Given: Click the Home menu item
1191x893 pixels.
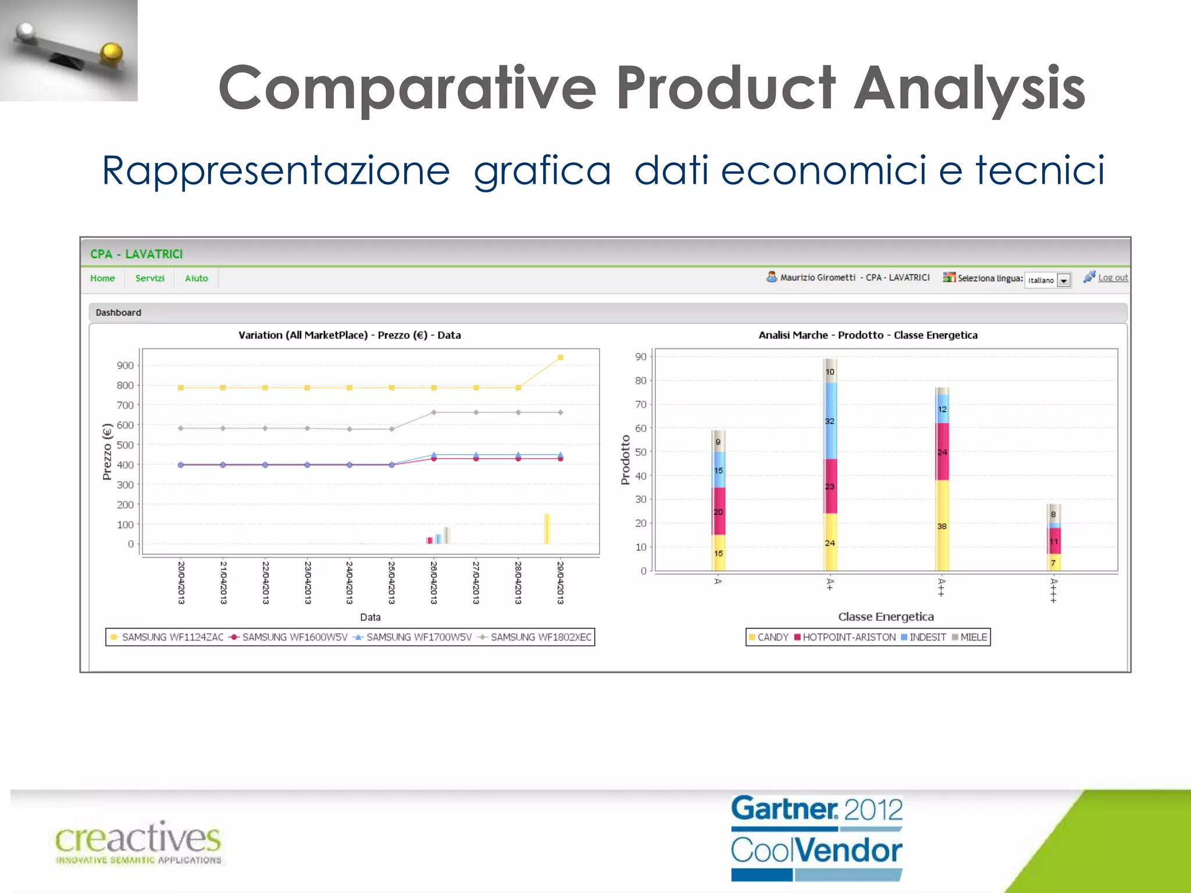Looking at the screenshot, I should click(x=102, y=278).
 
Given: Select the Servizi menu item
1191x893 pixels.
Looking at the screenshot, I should click(x=149, y=278).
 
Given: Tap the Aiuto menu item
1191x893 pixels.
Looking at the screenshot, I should click(x=196, y=278).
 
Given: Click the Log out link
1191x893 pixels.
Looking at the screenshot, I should click(x=1112, y=278).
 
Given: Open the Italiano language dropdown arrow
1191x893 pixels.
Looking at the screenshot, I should click(x=1064, y=281).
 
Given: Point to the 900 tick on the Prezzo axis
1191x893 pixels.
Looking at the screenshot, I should click(x=125, y=366).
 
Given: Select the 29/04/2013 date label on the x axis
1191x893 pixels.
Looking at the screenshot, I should click(x=560, y=582).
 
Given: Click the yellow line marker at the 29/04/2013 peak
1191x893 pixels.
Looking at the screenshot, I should click(x=560, y=358).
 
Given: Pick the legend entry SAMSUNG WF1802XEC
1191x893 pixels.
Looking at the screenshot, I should click(x=540, y=637).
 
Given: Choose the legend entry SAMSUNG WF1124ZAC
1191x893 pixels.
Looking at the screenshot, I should click(x=172, y=637).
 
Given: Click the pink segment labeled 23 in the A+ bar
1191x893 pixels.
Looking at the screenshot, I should click(x=830, y=487).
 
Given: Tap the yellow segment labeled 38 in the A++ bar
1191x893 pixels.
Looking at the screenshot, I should click(x=942, y=526).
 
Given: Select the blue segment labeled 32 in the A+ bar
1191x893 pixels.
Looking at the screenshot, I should click(x=830, y=421).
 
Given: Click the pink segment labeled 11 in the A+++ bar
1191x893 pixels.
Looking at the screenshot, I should click(x=1054, y=541).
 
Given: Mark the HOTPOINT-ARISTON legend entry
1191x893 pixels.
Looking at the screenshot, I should click(x=848, y=637).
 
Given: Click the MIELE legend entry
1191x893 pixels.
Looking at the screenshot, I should click(x=973, y=637).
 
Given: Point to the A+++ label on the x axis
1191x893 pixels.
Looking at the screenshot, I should click(x=1054, y=590).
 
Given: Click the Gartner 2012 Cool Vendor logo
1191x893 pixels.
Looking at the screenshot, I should click(x=816, y=838).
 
